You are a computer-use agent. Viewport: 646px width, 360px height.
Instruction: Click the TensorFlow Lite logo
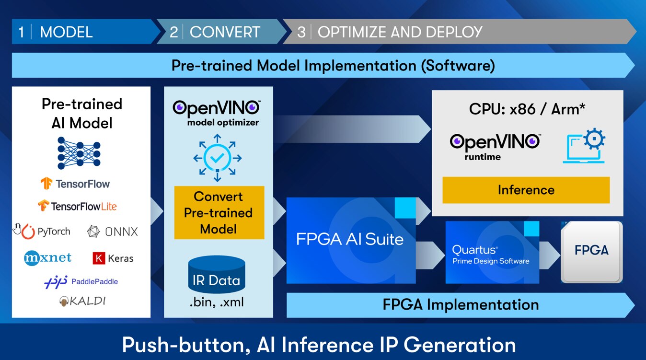click(77, 206)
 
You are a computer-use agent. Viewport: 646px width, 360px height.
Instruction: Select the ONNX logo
click(113, 232)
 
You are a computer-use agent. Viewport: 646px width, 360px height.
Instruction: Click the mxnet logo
click(47, 258)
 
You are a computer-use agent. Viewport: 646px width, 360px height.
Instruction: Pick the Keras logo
click(113, 258)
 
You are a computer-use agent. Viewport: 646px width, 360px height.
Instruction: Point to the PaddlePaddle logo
click(81, 281)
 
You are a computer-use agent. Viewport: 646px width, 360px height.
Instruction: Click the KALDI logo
click(82, 301)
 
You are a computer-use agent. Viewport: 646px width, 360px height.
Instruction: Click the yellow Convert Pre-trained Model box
click(219, 213)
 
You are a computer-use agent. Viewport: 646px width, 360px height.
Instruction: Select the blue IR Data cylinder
click(217, 274)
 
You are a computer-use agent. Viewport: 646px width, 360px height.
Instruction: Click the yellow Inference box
click(526, 190)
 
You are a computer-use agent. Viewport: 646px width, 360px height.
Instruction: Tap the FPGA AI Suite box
click(350, 240)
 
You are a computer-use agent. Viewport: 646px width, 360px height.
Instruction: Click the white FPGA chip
click(591, 251)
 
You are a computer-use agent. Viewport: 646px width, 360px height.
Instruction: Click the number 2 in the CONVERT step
click(173, 32)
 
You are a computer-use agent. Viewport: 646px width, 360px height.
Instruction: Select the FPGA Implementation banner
click(460, 305)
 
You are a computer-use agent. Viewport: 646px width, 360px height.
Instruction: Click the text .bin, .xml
click(216, 302)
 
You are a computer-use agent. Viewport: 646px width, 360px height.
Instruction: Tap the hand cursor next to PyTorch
click(18, 229)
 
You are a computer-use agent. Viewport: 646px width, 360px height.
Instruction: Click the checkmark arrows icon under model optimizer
click(217, 158)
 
